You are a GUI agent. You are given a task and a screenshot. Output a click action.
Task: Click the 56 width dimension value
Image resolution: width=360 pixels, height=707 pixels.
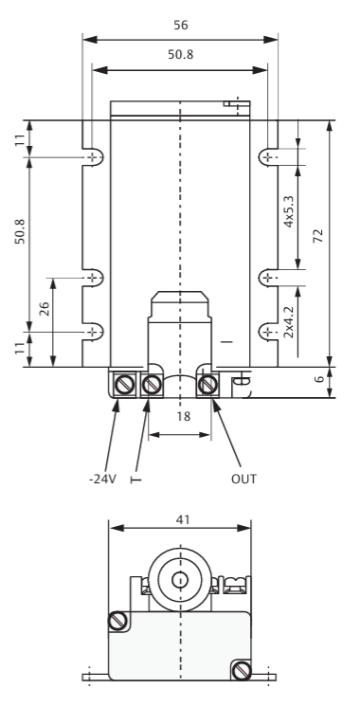[181, 25]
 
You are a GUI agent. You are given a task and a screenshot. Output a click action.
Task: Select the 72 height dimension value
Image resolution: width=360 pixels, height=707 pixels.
[318, 235]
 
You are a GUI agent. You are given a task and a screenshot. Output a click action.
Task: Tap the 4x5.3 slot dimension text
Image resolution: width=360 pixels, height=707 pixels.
[288, 212]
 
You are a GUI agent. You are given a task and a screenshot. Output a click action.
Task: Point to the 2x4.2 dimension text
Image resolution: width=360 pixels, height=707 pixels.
[288, 322]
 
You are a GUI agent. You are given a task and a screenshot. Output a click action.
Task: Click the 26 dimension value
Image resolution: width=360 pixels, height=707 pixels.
[44, 308]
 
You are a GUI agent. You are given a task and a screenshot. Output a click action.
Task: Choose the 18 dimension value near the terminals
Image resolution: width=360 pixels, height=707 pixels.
[184, 416]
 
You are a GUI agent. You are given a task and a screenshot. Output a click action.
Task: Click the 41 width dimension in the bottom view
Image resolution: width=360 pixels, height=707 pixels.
[183, 520]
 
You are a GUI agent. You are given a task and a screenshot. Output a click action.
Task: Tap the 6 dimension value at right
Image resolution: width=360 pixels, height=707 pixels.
[319, 379]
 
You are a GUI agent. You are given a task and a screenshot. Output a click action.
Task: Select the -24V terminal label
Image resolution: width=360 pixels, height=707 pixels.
[102, 479]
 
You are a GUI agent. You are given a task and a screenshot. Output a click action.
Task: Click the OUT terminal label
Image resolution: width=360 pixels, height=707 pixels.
[243, 479]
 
